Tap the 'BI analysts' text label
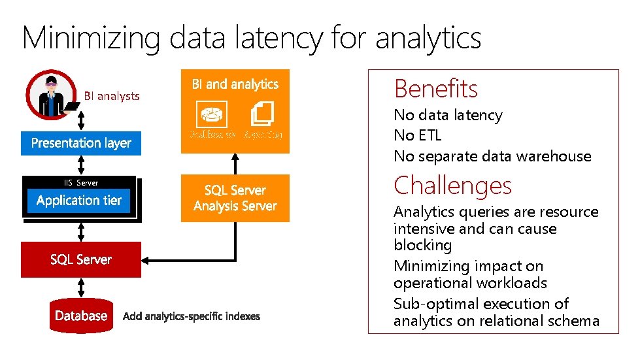(112, 96)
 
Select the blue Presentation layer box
(81, 143)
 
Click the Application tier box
(79, 201)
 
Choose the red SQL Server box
(81, 259)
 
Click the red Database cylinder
(81, 316)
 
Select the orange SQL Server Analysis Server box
(235, 198)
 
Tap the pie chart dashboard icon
(211, 114)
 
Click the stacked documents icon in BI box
(262, 114)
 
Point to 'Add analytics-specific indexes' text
(192, 316)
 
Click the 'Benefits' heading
(435, 88)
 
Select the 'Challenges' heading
(452, 186)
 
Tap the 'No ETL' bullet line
(417, 135)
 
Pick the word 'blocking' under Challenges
(422, 245)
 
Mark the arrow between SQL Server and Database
(81, 287)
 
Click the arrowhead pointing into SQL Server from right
(146, 260)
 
